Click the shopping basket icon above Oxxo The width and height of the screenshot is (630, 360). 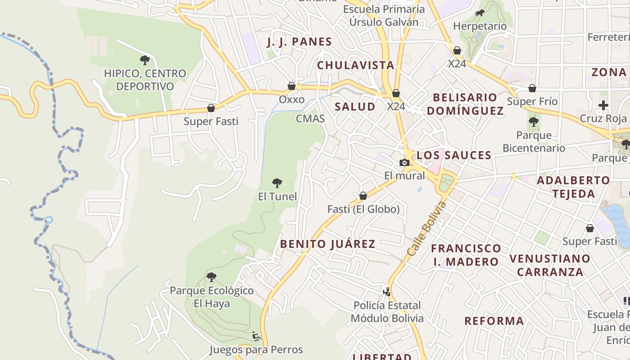[x=292, y=86]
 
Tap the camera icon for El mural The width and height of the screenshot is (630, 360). [x=404, y=162]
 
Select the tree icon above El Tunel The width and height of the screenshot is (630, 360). [x=277, y=183]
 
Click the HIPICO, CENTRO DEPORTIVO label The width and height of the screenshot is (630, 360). [x=144, y=80]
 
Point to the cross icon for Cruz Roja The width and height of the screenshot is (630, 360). [x=603, y=106]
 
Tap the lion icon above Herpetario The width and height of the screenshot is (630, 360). [x=480, y=13]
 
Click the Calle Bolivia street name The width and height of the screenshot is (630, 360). [x=426, y=230]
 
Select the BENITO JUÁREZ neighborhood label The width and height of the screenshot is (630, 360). [x=328, y=244]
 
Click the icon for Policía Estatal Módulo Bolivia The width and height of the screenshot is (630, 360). [x=387, y=292]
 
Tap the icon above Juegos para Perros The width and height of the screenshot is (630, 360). [x=256, y=336]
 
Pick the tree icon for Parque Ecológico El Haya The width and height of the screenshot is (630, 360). [x=211, y=277]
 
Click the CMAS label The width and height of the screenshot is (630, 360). [x=310, y=119]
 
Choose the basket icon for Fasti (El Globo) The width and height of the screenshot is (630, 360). [x=363, y=196]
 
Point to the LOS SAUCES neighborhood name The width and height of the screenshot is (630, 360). [x=454, y=155]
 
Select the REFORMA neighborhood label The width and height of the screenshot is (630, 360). [x=494, y=321]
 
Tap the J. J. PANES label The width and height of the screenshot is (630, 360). [x=299, y=42]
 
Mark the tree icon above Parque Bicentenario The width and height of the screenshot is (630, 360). [x=533, y=121]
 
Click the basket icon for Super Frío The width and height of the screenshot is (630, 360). [x=532, y=88]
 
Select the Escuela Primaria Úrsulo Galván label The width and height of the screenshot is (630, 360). [x=384, y=15]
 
